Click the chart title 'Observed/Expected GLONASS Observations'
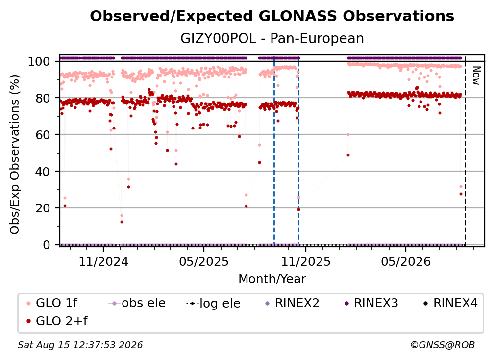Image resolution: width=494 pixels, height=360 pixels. (x=272, y=16)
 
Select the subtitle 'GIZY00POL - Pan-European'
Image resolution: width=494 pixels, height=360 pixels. (x=272, y=38)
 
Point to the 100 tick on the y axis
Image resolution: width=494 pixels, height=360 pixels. (x=39, y=61)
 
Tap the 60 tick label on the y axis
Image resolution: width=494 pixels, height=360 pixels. (x=43, y=135)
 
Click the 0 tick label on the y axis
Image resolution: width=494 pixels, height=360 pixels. (x=47, y=245)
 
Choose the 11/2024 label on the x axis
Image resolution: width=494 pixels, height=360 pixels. (x=103, y=261)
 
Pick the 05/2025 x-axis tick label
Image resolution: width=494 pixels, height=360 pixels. (x=204, y=261)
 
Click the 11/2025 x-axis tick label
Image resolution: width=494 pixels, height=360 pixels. (x=306, y=261)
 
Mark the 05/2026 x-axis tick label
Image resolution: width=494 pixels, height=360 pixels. (x=406, y=261)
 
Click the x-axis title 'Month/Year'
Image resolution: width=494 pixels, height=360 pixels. (x=272, y=279)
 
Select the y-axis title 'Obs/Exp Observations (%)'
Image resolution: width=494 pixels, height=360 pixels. (x=15, y=154)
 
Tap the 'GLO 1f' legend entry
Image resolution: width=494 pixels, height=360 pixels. (x=52, y=303)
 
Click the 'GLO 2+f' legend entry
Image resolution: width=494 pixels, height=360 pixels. (x=57, y=321)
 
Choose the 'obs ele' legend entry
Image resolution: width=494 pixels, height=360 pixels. (x=137, y=303)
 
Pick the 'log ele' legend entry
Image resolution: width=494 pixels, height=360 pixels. (x=213, y=304)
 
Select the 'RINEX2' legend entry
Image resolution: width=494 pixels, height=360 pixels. (x=293, y=303)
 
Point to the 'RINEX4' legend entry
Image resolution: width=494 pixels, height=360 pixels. (x=450, y=303)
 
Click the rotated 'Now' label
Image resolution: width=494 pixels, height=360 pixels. (x=476, y=76)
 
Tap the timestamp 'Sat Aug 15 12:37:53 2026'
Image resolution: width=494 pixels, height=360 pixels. (x=80, y=345)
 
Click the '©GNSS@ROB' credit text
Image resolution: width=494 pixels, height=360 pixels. (x=443, y=345)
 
